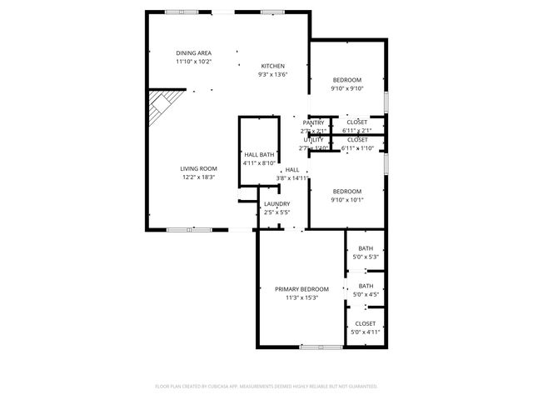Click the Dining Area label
[x=193, y=52]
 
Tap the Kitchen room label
[x=273, y=66]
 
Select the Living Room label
[x=198, y=168]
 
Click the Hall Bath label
[x=259, y=155]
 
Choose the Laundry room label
[x=276, y=204]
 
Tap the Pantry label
[x=313, y=122]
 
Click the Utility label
[x=313, y=140]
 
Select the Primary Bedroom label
[x=301, y=289]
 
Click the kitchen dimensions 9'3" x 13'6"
[x=273, y=74]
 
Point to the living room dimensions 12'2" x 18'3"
[x=198, y=177]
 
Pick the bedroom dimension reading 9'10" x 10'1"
[x=346, y=199]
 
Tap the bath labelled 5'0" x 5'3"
[x=366, y=257]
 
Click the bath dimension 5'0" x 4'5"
[x=366, y=294]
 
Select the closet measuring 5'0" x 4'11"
[x=366, y=332]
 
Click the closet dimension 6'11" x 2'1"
[x=358, y=131]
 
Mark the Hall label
[x=291, y=170]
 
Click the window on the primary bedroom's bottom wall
[x=321, y=346]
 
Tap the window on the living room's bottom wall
[x=188, y=229]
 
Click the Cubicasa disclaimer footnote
[x=266, y=386]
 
